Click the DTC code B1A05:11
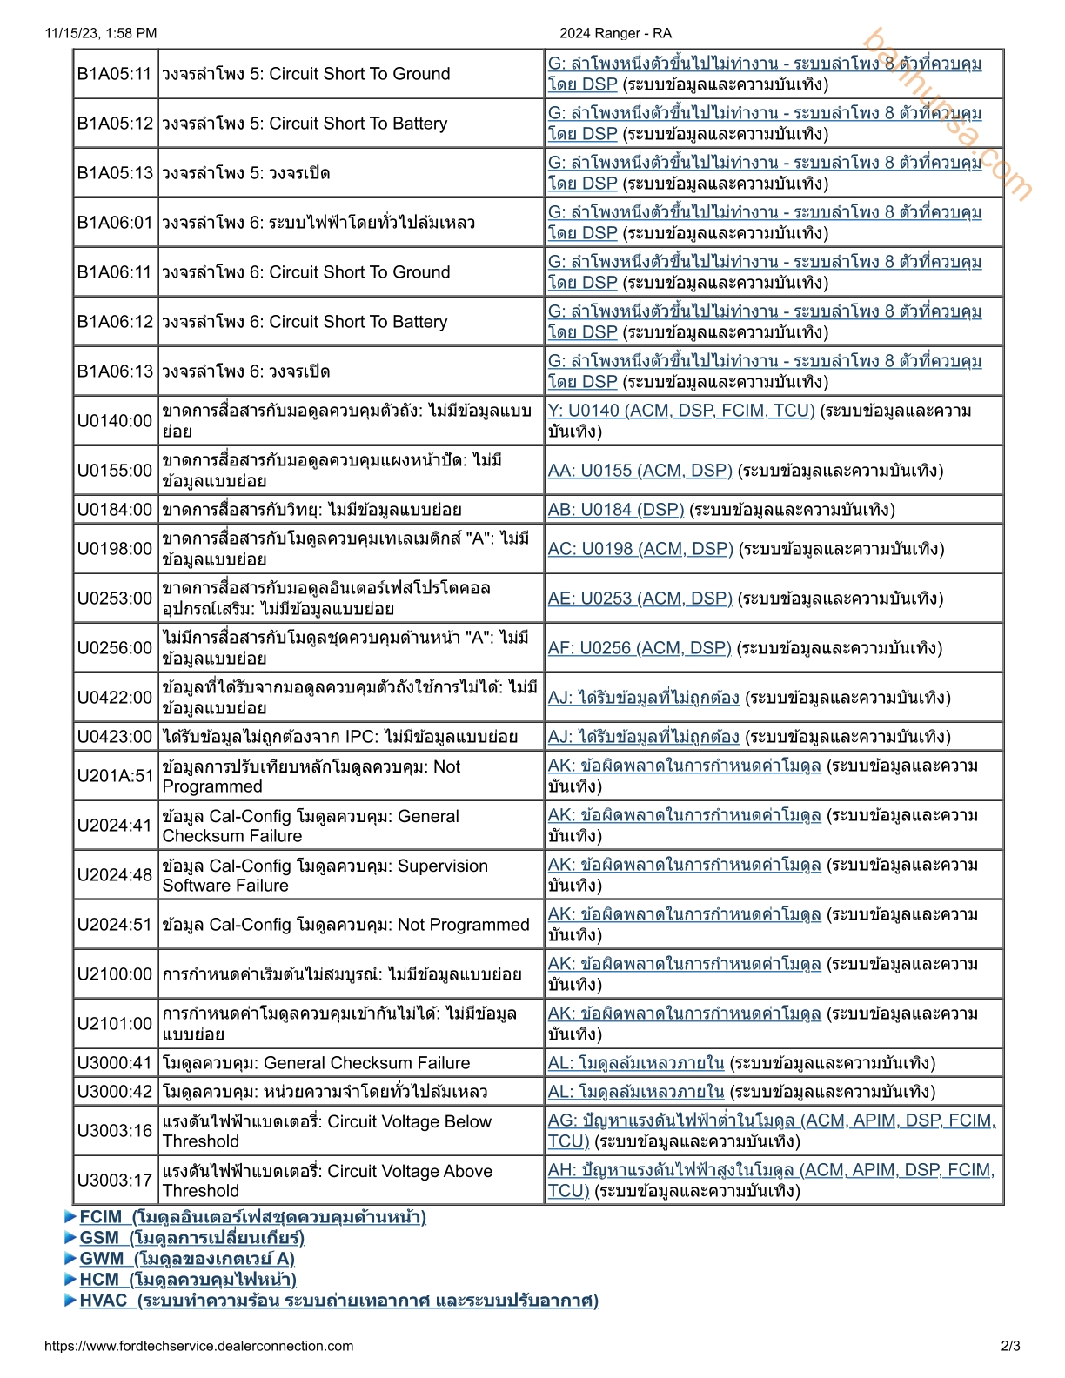pos(114,74)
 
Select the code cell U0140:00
pos(114,421)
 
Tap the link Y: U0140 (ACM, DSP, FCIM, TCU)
pos(680,411)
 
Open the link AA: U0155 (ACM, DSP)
pos(640,471)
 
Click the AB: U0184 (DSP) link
pos(615,510)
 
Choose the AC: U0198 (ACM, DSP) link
pos(640,549)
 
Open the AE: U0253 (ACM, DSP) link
pos(640,599)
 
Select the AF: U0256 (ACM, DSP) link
pos(639,648)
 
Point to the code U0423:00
pos(114,737)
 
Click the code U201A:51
pos(114,776)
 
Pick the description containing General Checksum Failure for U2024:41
pos(311,826)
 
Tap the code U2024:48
pos(114,875)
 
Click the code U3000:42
pos(114,1092)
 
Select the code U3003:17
pos(114,1181)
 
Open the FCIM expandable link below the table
pos(252,1217)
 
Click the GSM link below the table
pos(191,1238)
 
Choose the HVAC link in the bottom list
pos(338,1301)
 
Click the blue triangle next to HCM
pos(70,1280)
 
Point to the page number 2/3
pos(1010,1346)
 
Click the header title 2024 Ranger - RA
pos(615,33)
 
